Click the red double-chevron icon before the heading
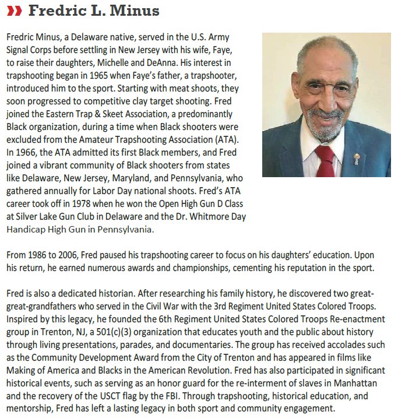point(15,11)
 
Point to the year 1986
point(40,256)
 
